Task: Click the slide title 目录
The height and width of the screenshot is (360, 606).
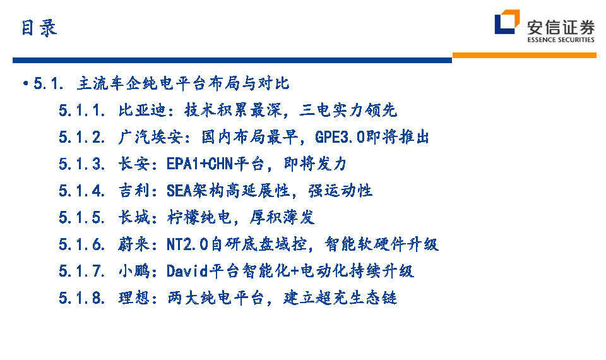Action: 39,28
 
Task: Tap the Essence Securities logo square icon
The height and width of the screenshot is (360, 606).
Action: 507,22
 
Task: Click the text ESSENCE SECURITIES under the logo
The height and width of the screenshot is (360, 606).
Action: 561,39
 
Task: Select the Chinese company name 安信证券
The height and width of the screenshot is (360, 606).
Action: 561,27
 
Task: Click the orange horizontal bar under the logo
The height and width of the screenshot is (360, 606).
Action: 524,56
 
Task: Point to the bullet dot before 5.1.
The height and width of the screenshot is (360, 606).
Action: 25,83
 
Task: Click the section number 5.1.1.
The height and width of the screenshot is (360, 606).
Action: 81,111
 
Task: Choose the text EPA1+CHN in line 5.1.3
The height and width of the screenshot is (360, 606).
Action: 199,164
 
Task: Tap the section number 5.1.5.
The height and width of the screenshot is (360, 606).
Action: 81,218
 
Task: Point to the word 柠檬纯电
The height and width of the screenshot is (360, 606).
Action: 199,217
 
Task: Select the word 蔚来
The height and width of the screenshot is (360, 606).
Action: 134,244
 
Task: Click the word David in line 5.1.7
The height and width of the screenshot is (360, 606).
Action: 187,271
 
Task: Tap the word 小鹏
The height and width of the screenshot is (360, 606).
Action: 134,271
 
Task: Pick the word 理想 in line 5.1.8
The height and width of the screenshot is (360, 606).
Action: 134,297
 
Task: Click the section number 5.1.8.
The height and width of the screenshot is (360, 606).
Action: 81,298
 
